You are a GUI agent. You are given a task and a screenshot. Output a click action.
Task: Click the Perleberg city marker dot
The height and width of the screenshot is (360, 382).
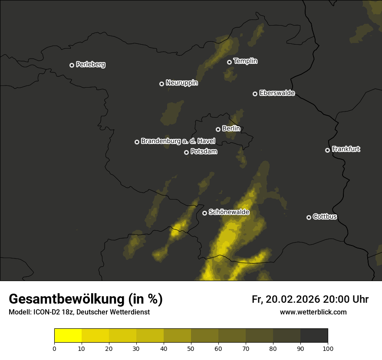[72, 65]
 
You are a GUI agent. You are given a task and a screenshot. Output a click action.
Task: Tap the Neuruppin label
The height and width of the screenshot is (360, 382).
[181, 82]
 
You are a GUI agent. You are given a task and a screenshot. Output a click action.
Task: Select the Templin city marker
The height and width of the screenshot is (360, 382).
[229, 62]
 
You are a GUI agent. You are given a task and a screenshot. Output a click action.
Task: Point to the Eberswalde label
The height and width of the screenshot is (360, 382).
[277, 93]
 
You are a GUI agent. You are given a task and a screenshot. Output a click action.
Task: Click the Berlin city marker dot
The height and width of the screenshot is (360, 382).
[218, 129]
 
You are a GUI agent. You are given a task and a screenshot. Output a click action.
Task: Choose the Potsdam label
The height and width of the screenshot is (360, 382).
[204, 151]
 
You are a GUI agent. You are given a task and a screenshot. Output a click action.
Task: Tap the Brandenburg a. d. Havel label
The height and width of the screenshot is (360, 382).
[178, 141]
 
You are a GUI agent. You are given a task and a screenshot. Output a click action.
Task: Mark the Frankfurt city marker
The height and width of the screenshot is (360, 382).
[327, 150]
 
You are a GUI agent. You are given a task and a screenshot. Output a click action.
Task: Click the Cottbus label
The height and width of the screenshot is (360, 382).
[325, 216]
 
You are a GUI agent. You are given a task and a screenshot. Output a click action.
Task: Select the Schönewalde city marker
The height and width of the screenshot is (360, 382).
[204, 213]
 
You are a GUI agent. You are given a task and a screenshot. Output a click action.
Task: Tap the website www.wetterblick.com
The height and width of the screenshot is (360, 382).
[313, 312]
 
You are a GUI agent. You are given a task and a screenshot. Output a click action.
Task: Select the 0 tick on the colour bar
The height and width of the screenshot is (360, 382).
[54, 348]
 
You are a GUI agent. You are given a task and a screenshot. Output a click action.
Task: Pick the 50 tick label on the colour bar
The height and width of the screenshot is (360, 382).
[191, 348]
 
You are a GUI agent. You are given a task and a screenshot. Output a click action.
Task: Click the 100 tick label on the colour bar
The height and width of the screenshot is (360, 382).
[328, 348]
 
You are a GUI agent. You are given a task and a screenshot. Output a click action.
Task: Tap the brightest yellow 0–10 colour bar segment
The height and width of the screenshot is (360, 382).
[68, 336]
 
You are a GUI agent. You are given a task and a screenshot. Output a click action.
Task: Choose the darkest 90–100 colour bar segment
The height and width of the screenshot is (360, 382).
[314, 336]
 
